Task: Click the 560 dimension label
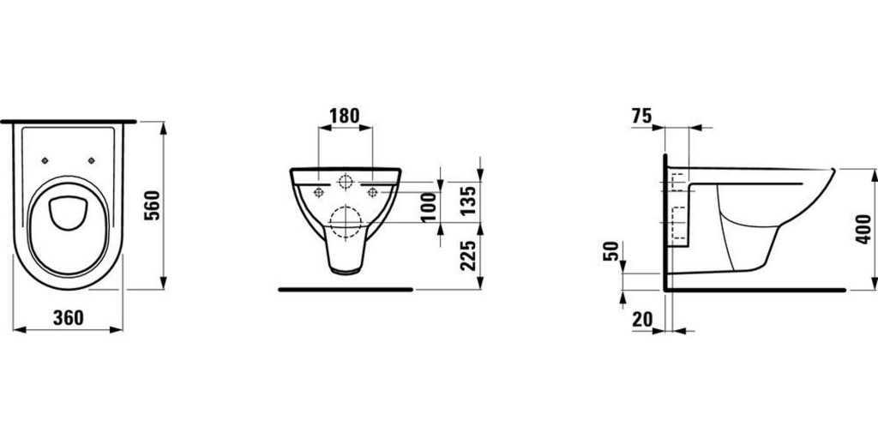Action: [152, 205]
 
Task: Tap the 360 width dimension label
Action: [68, 317]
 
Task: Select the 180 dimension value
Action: [345, 115]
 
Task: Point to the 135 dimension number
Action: [467, 200]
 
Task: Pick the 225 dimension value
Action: [467, 255]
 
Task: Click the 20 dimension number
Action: [642, 319]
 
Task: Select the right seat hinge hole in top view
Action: [91, 159]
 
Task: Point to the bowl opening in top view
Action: [67, 213]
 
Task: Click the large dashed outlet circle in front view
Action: [345, 223]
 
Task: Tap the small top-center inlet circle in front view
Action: [345, 182]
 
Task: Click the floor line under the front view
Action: [346, 290]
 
